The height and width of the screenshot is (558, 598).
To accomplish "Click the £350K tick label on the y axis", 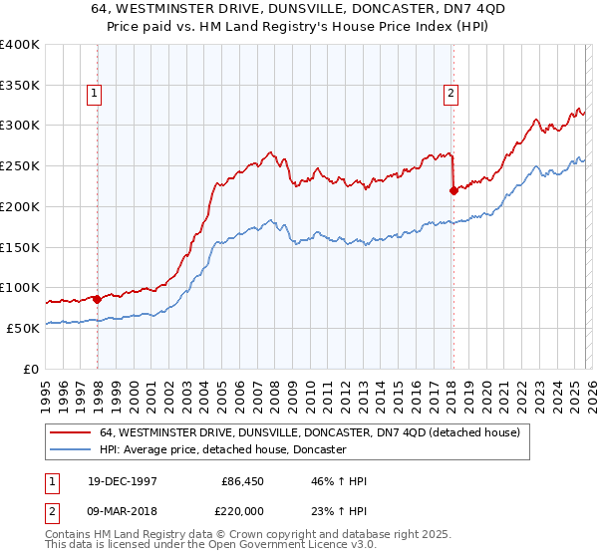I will click(x=20, y=85).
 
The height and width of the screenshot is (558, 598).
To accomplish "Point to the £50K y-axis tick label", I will click(x=23, y=328).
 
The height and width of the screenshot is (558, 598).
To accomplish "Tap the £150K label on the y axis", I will click(x=20, y=247).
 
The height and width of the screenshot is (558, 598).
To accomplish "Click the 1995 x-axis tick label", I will click(x=46, y=387).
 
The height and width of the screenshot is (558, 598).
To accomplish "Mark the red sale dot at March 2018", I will click(x=453, y=190).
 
